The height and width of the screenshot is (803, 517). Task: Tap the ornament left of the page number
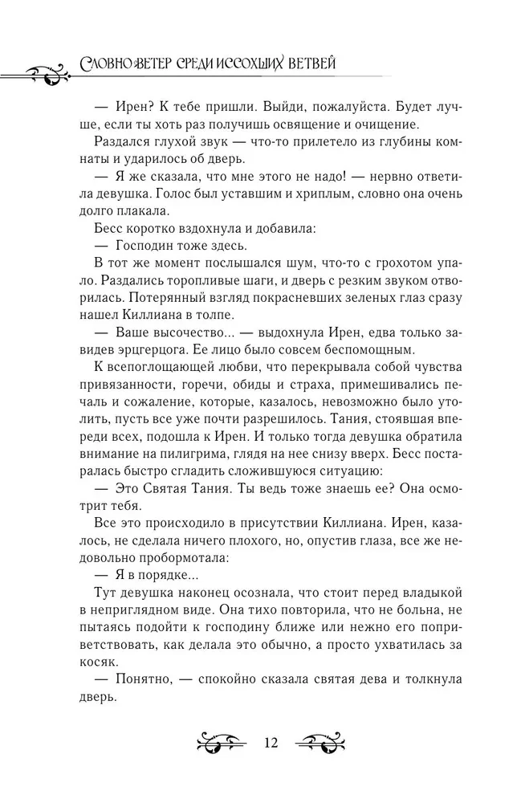(x=218, y=741)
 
